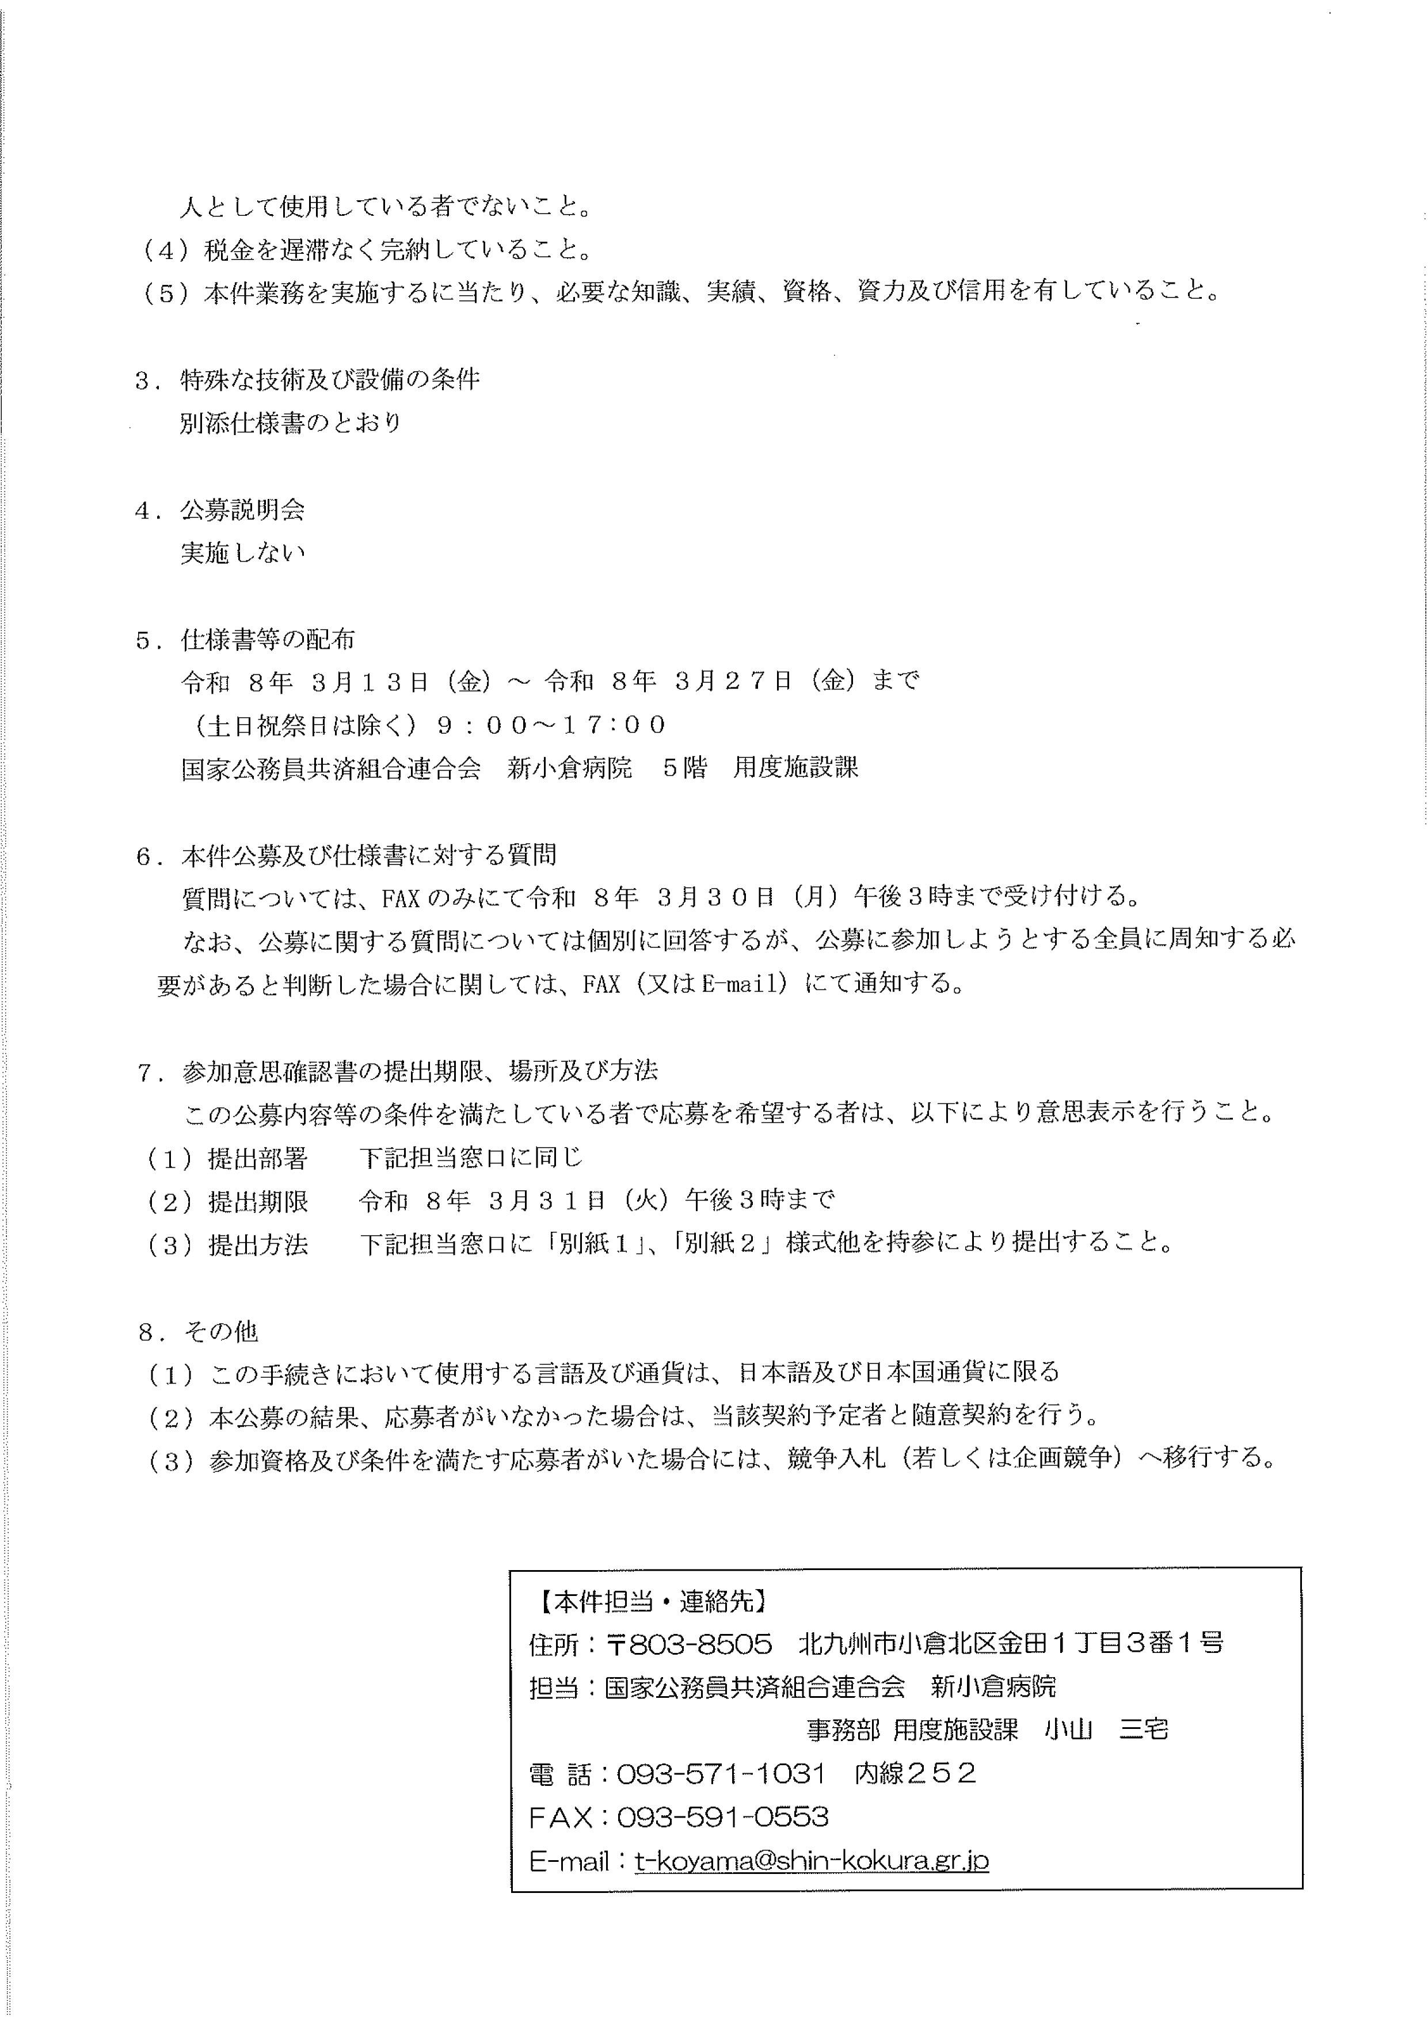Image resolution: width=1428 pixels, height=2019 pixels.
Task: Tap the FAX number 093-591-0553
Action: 723,1817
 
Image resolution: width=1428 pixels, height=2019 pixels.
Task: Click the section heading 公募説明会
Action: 243,510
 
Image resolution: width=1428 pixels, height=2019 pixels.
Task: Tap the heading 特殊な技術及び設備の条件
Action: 330,380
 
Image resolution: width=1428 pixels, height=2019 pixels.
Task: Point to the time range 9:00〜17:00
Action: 551,725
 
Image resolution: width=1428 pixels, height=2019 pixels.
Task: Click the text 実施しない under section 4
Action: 243,553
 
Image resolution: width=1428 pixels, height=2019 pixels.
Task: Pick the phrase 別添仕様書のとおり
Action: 291,423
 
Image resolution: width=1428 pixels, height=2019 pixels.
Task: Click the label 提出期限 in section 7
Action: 258,1201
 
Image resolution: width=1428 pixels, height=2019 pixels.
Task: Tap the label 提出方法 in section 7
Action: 258,1243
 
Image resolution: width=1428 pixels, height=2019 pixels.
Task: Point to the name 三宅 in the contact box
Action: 1143,1730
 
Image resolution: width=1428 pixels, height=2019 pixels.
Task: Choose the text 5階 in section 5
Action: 684,768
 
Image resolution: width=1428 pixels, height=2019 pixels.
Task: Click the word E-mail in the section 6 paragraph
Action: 740,983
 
